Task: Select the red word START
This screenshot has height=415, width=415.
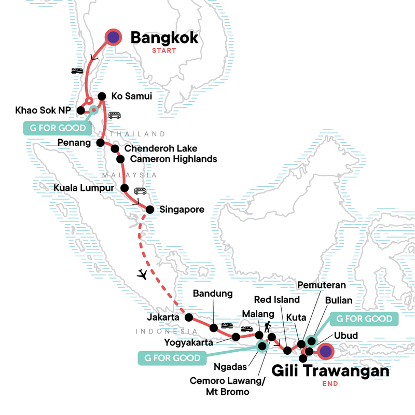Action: (164, 51)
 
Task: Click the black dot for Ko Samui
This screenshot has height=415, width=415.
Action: (102, 96)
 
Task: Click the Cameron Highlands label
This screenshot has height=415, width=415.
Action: (173, 159)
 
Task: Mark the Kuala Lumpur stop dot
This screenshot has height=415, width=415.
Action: (125, 188)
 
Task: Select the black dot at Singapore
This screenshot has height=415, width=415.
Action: (149, 210)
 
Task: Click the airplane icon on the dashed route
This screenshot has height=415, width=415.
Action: (142, 274)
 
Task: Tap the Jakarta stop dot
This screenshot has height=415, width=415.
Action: (188, 317)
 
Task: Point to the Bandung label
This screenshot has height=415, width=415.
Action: (213, 294)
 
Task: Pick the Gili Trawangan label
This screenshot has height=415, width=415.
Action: (330, 371)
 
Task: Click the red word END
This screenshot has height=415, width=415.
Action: (330, 384)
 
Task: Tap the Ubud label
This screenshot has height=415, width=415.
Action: (346, 336)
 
